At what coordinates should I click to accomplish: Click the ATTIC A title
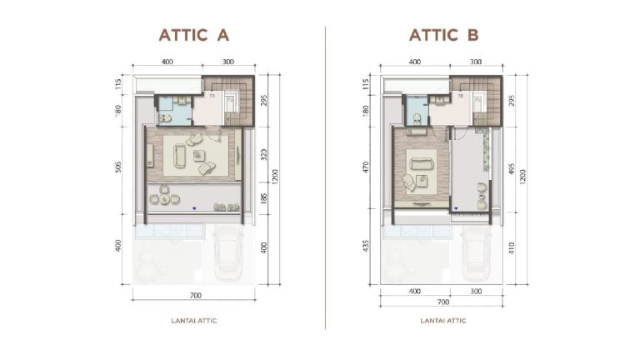tap(193, 35)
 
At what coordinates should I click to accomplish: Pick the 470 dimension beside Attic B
tap(367, 166)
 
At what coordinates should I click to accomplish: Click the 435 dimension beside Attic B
tap(367, 247)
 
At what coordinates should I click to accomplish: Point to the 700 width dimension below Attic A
tap(193, 296)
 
